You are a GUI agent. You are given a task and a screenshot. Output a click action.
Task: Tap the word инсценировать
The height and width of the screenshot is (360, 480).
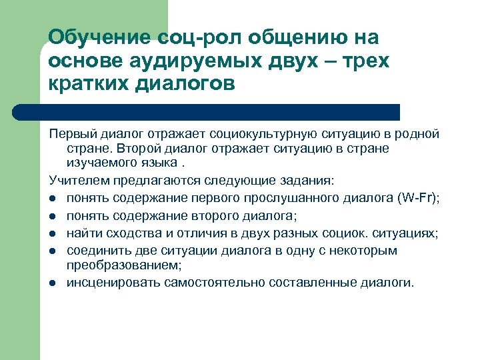(x=105, y=282)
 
